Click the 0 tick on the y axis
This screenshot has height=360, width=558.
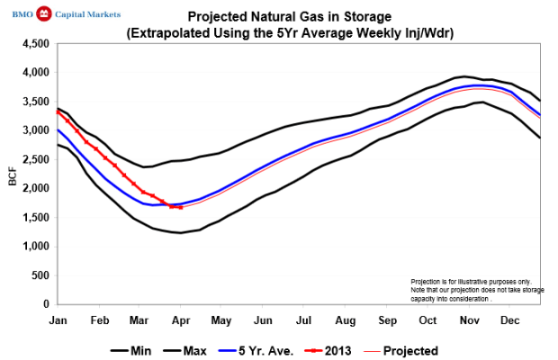point(43,305)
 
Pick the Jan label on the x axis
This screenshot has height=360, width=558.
point(58,319)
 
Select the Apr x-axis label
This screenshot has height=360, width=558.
point(181,319)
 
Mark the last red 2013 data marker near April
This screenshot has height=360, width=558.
point(181,208)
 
